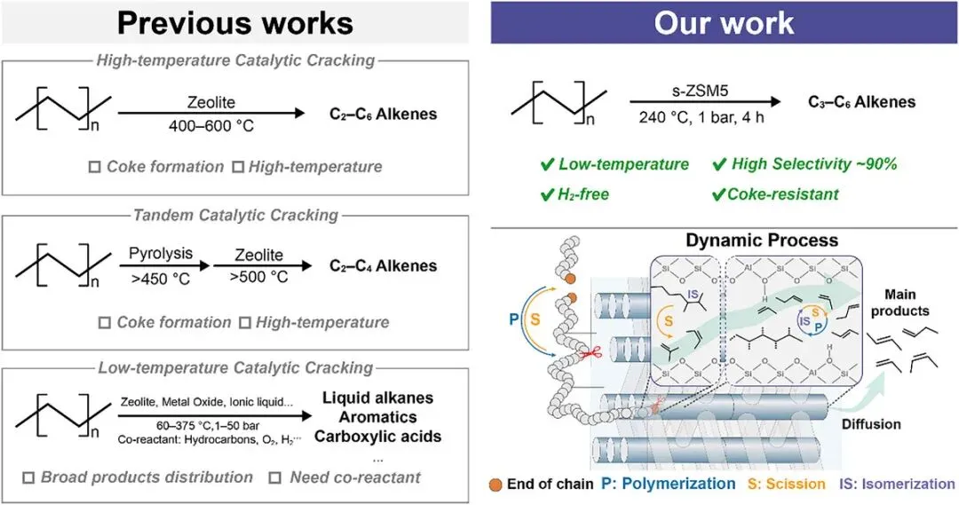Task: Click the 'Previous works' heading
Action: click(234, 21)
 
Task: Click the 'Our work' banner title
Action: click(724, 22)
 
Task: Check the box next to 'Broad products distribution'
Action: click(28, 477)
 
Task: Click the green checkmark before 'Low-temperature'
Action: click(547, 164)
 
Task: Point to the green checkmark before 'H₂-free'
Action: click(547, 193)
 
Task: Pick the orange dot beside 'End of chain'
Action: click(495, 485)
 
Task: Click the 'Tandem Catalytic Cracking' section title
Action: click(234, 215)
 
